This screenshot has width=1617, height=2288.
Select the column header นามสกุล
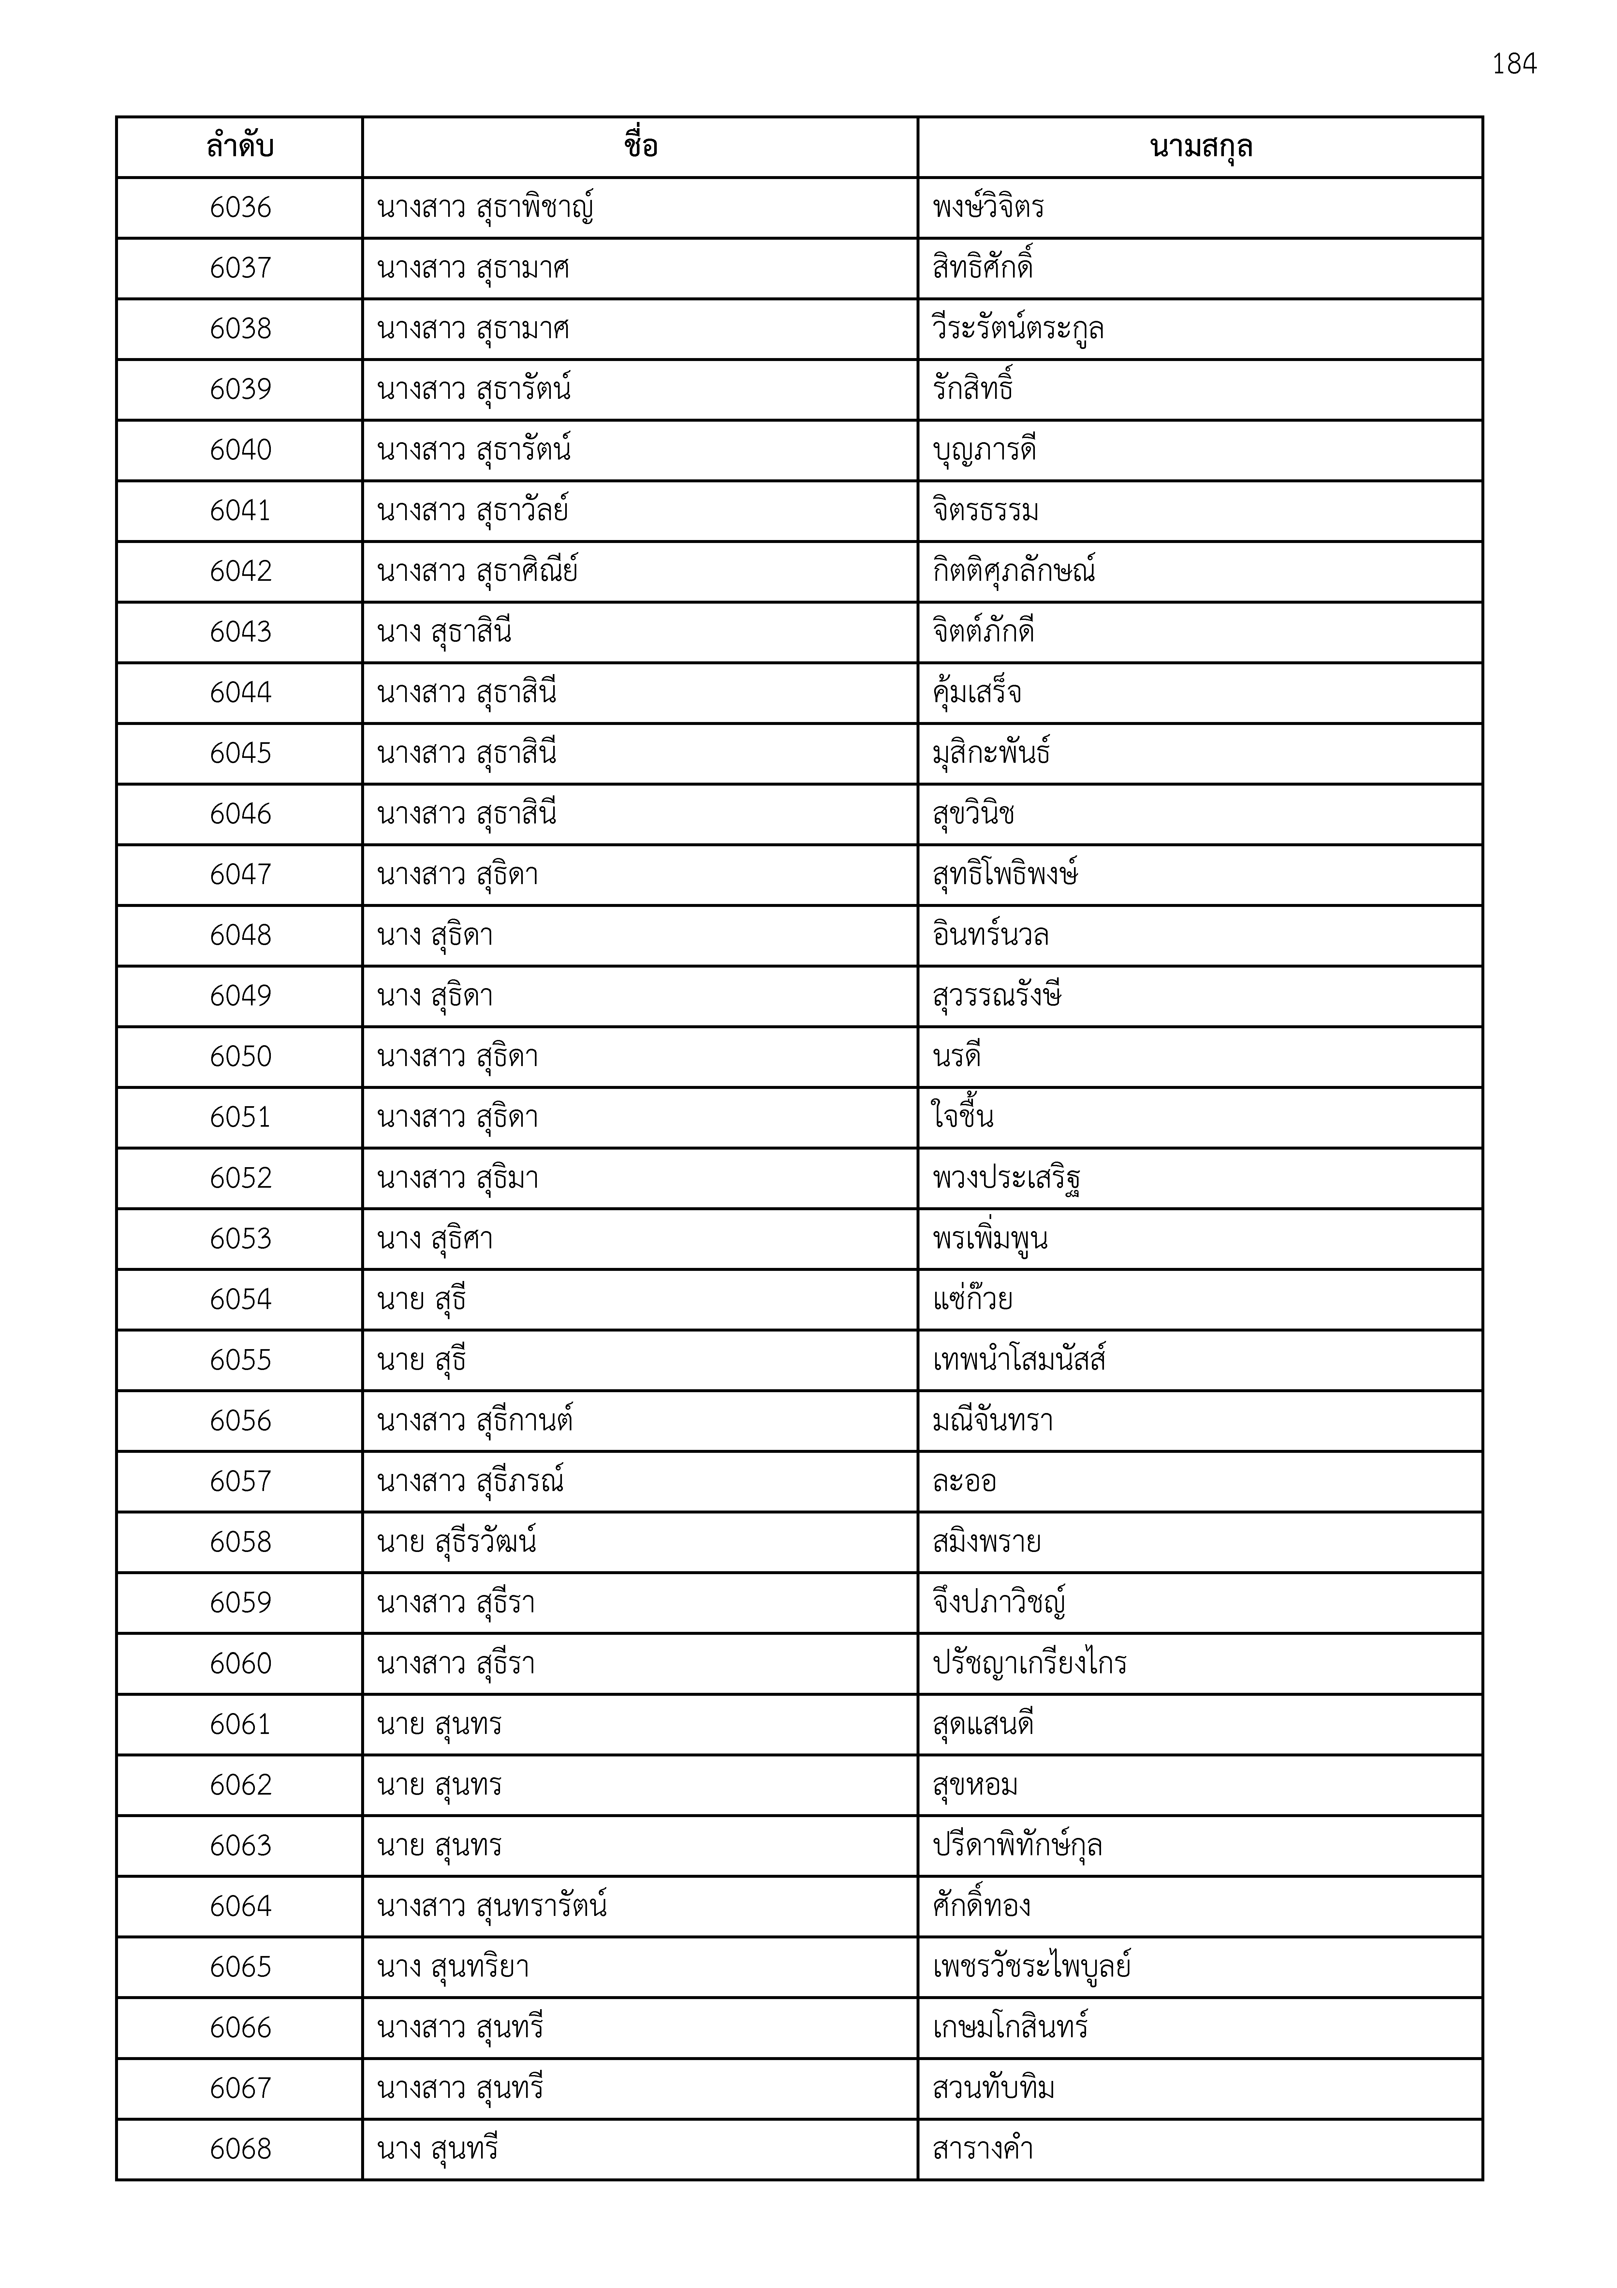pos(1200,147)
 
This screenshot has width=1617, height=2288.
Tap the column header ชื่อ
pos(639,147)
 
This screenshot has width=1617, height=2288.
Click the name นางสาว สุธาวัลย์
pos(473,511)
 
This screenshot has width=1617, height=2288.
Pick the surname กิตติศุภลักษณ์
pos(1013,572)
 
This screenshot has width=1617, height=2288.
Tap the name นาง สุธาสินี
pos(444,633)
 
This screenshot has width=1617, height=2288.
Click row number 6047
pos(240,875)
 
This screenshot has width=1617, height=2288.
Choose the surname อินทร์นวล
pos(990,936)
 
